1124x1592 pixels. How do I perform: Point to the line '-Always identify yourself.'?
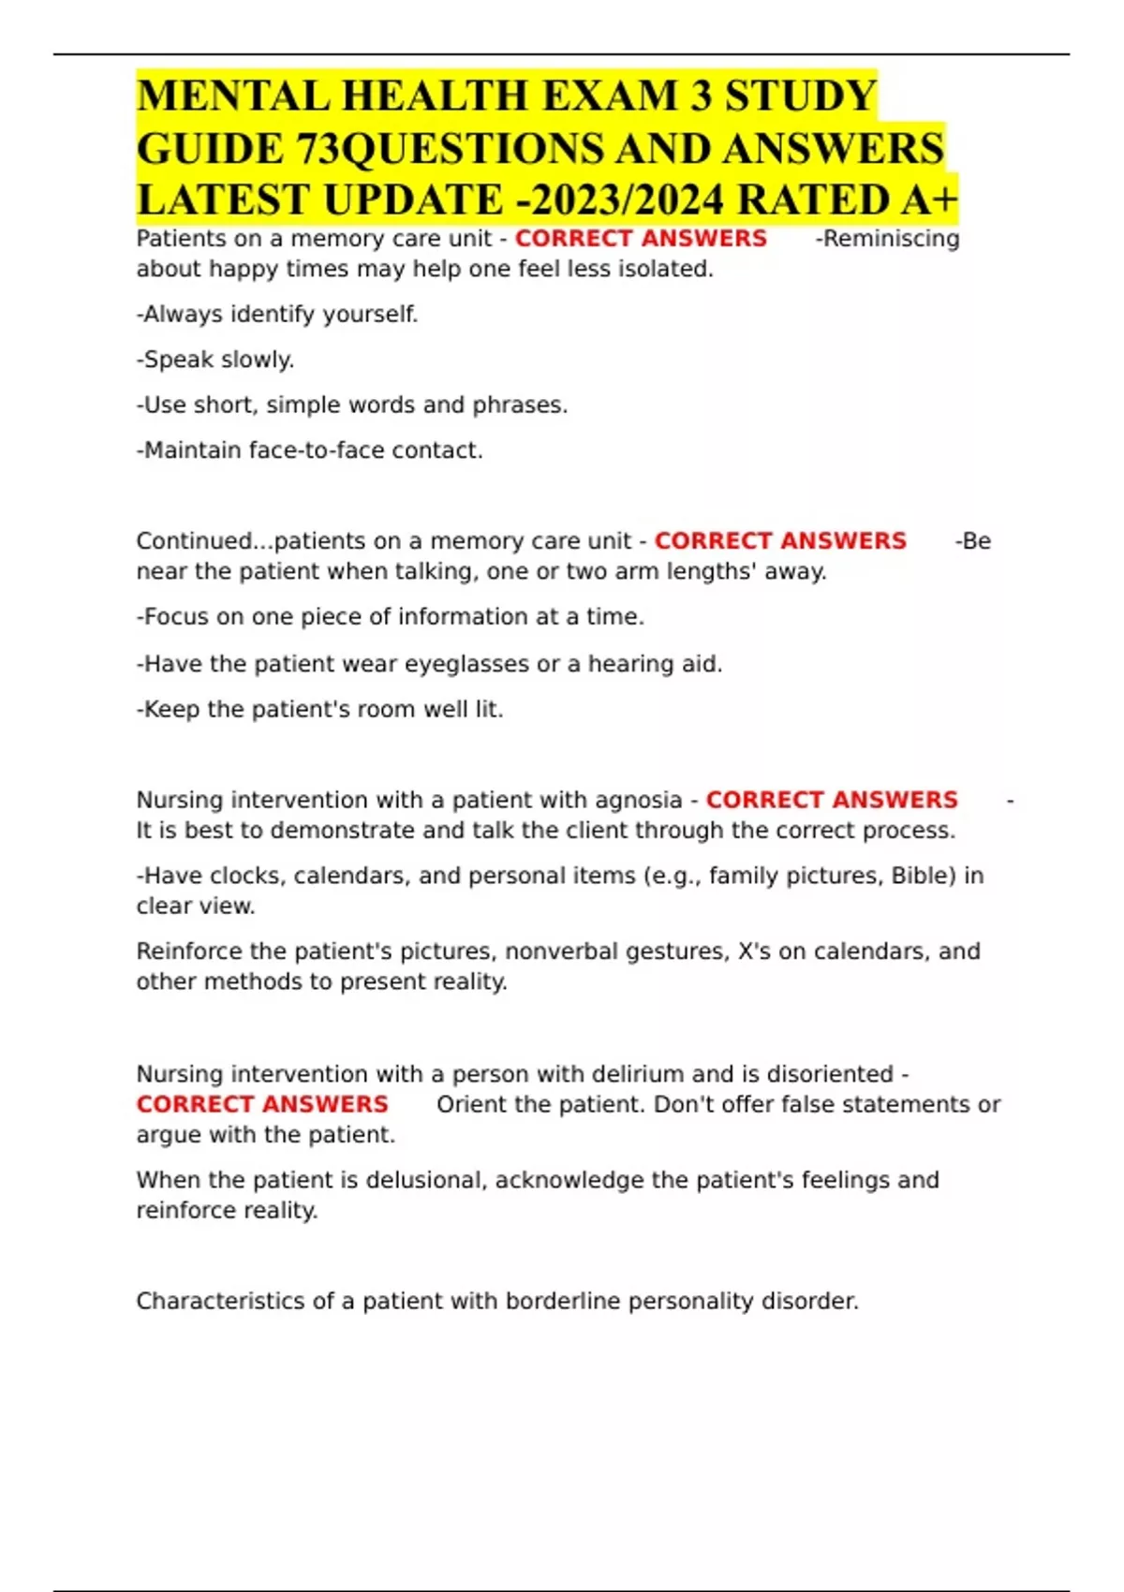tap(277, 315)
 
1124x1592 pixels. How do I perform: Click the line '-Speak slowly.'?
tap(215, 360)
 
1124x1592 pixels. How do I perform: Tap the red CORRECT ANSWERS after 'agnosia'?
tap(832, 800)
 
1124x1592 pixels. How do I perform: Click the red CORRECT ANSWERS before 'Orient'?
tap(262, 1104)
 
